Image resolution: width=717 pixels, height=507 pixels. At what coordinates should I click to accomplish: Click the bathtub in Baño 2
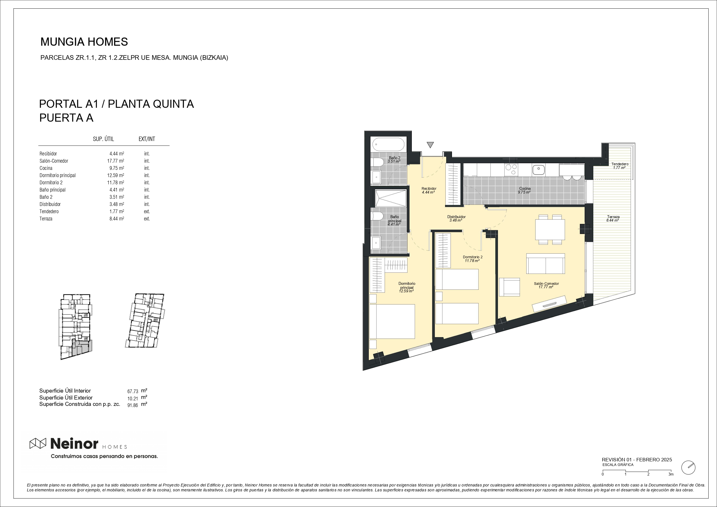click(x=388, y=145)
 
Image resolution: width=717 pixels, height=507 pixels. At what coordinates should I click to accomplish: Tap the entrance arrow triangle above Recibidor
click(x=430, y=145)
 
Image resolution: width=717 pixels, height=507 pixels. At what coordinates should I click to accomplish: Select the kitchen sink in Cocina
click(x=538, y=170)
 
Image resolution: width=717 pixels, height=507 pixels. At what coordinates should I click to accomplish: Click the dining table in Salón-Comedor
click(x=550, y=229)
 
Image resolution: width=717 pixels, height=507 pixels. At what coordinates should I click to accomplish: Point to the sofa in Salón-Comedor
click(x=546, y=264)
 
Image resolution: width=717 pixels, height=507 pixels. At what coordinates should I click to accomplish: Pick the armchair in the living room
click(x=510, y=287)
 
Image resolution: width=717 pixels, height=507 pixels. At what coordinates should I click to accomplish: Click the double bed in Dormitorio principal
click(x=392, y=321)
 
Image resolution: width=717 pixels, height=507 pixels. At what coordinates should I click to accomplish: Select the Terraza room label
click(x=613, y=218)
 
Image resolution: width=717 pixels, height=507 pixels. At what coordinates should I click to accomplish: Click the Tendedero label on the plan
click(x=620, y=166)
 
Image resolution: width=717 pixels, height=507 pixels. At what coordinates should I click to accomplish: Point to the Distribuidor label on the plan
click(x=456, y=218)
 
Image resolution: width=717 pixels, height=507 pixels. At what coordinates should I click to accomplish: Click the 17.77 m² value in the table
click(x=116, y=161)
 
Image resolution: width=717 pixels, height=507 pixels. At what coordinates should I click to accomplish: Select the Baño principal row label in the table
click(x=53, y=190)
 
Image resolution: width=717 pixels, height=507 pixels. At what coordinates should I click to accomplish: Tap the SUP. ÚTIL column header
click(x=103, y=139)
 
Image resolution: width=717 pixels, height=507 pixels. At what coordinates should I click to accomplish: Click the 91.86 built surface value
click(x=132, y=406)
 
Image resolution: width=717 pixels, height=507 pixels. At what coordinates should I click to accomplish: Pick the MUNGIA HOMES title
click(x=84, y=42)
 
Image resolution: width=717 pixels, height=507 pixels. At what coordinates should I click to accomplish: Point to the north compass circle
click(x=688, y=468)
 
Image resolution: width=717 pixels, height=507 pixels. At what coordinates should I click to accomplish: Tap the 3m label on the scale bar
click(x=671, y=474)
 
